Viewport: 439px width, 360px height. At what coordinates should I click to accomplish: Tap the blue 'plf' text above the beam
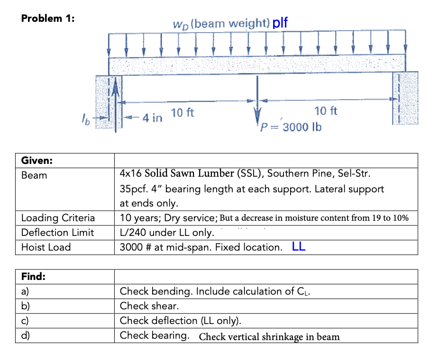click(x=280, y=22)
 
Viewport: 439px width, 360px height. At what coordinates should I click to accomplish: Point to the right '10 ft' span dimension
click(x=326, y=111)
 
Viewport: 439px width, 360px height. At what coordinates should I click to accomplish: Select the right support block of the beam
click(x=404, y=98)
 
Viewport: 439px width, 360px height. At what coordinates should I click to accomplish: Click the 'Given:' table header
click(x=37, y=161)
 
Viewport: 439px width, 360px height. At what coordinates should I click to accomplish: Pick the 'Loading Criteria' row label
click(x=58, y=218)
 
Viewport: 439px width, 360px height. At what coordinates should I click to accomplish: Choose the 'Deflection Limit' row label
click(x=57, y=233)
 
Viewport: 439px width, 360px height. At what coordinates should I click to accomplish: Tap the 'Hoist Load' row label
click(x=46, y=247)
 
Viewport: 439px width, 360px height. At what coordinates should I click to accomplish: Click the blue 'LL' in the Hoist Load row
click(x=299, y=246)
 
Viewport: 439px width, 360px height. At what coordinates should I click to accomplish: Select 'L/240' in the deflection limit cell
click(x=134, y=233)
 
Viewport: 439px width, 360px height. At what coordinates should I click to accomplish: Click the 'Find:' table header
click(x=33, y=277)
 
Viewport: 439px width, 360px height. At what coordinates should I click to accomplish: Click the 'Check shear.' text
click(x=149, y=306)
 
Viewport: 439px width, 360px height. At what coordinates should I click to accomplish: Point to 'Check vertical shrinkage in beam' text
click(x=269, y=337)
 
